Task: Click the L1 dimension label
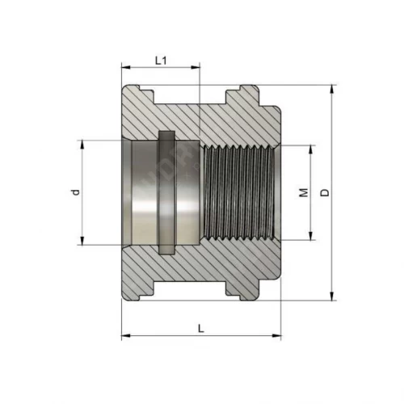[x=161, y=61]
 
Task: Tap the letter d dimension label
[x=76, y=192]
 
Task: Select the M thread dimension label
[x=304, y=192]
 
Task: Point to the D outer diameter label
[x=325, y=192]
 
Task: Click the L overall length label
[x=201, y=329]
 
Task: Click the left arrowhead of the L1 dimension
[x=126, y=67]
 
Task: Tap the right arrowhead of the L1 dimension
[x=196, y=67]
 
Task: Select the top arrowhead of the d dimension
[x=82, y=145]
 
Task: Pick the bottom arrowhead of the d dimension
[x=82, y=241]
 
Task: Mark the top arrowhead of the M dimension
[x=311, y=149]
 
